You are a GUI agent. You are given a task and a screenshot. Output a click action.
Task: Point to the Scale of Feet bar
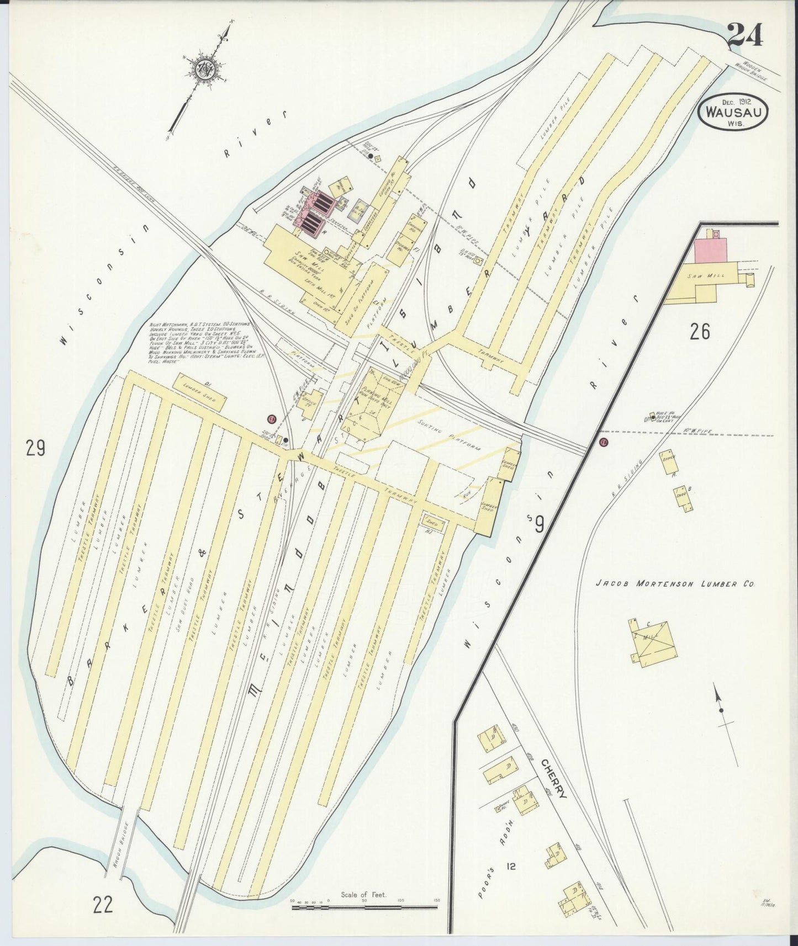[364, 905]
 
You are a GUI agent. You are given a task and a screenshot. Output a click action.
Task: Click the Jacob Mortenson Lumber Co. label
[675, 584]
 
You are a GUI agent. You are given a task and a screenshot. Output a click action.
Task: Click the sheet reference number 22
[103, 904]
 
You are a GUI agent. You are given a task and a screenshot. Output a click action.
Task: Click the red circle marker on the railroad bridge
[604, 442]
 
